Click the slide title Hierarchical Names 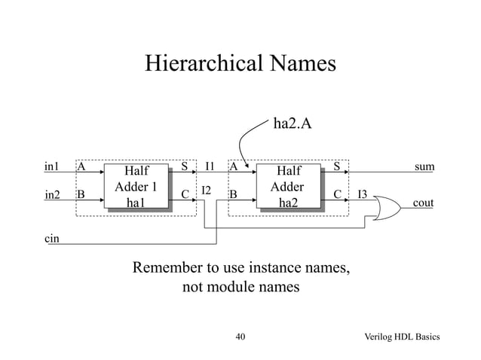point(240,63)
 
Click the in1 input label point(52,166)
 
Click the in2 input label point(53,195)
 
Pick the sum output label point(424,166)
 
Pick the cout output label point(423,203)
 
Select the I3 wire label point(362,194)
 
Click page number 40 point(240,337)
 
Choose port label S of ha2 point(337,166)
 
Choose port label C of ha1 point(185,195)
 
